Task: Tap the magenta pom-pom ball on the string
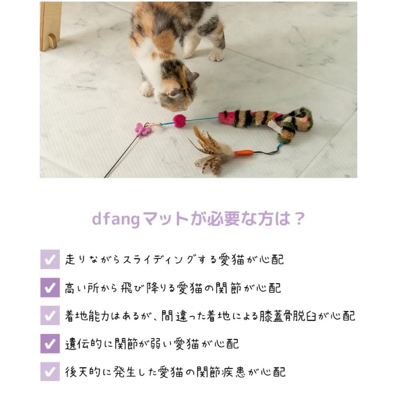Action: [179, 121]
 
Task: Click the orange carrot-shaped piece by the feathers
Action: [243, 153]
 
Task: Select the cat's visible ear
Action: [193, 76]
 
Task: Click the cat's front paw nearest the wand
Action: [146, 90]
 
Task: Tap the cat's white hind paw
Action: [216, 55]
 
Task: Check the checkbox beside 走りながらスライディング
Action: [50, 259]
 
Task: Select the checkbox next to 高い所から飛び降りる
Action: [50, 287]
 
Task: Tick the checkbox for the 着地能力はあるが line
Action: [50, 316]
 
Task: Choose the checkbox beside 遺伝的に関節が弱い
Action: [50, 343]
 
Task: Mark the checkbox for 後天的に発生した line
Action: [50, 372]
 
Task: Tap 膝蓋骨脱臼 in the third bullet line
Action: [288, 316]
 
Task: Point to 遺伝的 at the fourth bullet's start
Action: [83, 344]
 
